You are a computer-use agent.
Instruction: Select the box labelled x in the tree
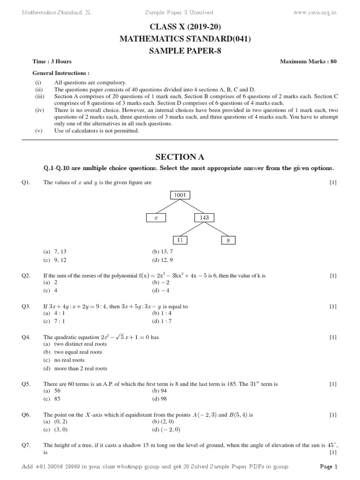(156, 217)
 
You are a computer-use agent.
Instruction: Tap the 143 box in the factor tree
(204, 217)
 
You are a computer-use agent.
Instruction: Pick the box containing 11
(180, 240)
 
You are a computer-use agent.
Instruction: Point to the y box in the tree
(228, 240)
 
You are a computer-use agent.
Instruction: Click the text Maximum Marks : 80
(308, 61)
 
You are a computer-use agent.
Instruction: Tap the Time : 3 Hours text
(52, 61)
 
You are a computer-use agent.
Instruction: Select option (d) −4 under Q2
(159, 291)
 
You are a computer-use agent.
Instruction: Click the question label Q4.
(26, 337)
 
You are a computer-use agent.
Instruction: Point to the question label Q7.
(26, 445)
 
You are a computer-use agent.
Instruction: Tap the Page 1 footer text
(328, 466)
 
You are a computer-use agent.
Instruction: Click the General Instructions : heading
(60, 73)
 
